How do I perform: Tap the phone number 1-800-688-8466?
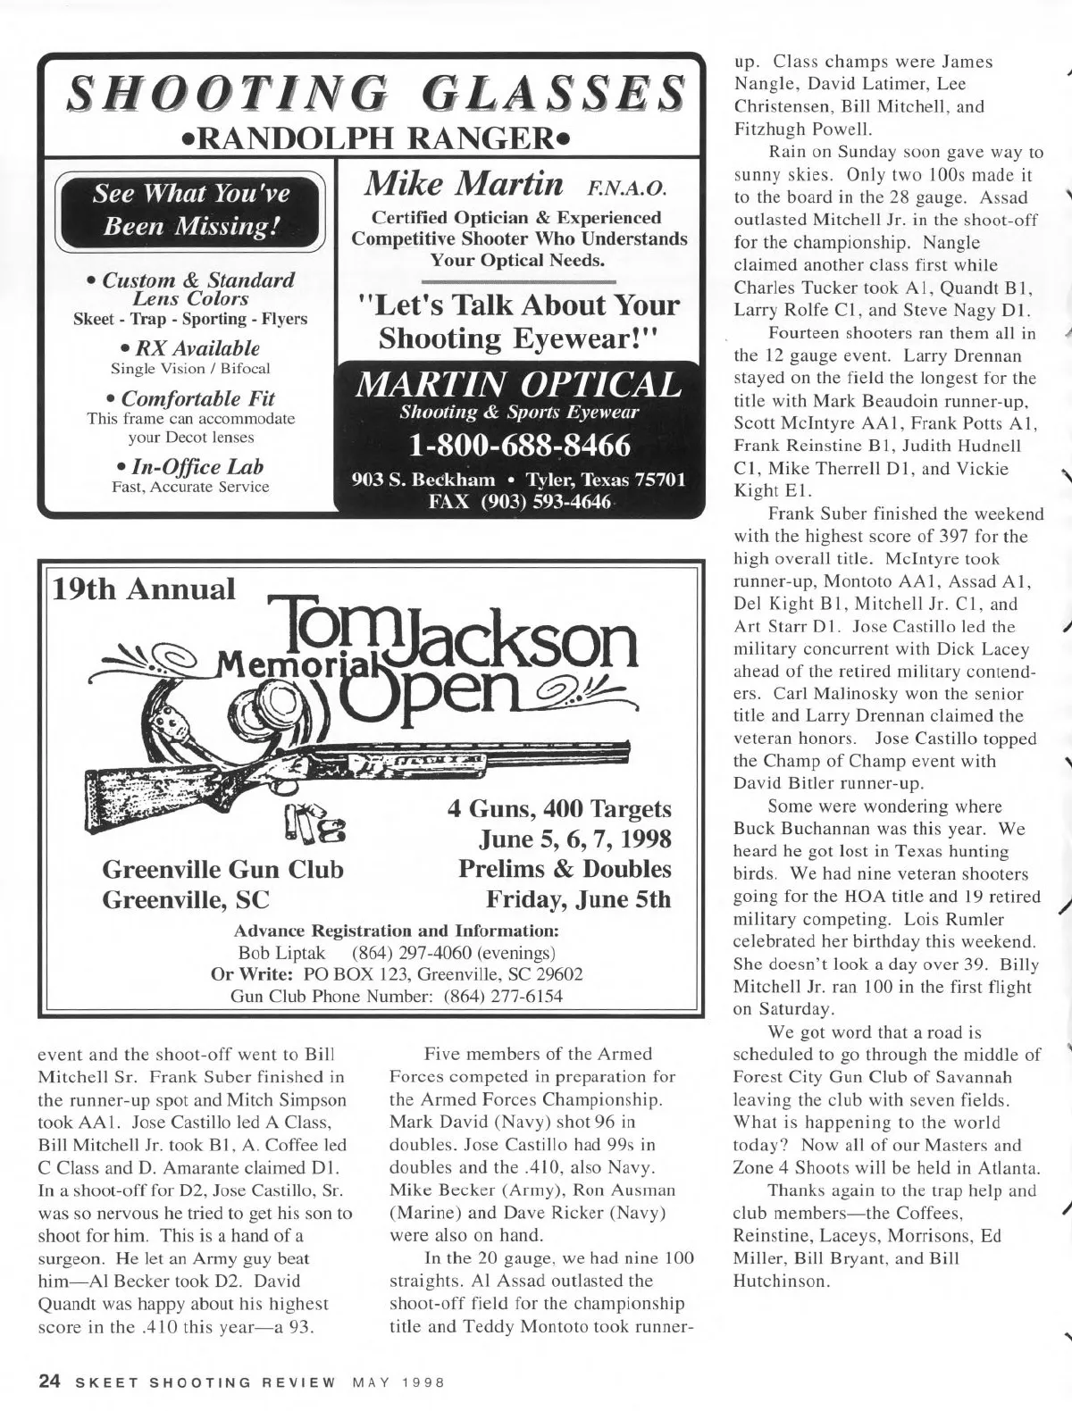[x=518, y=444]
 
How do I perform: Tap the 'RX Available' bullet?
[x=190, y=347]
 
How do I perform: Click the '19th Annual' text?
[x=145, y=589]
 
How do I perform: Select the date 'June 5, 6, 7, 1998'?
[x=575, y=839]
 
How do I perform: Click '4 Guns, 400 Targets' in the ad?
[x=559, y=808]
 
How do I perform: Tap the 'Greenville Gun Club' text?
[x=222, y=869]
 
